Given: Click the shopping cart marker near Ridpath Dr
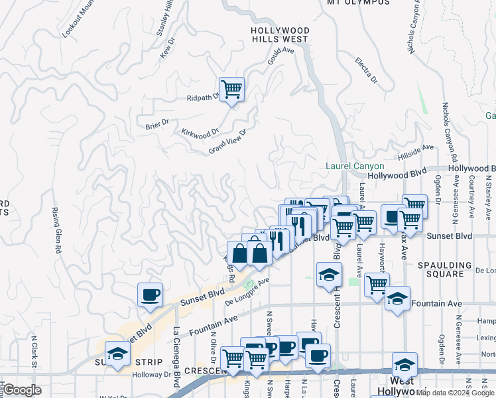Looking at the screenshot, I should [x=231, y=88].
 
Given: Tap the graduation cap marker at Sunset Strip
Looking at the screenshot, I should [x=117, y=354].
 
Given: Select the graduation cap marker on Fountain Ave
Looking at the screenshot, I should [x=397, y=299].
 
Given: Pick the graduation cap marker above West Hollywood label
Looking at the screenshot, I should [x=404, y=364].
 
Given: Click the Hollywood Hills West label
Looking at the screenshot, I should [x=280, y=35].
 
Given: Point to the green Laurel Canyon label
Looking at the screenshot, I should [x=355, y=166].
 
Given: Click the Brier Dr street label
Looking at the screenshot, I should [x=157, y=123].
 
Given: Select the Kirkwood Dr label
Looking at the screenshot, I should [x=200, y=132].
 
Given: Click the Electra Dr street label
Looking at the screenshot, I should [x=365, y=71].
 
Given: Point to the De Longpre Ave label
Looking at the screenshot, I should [x=247, y=291].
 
